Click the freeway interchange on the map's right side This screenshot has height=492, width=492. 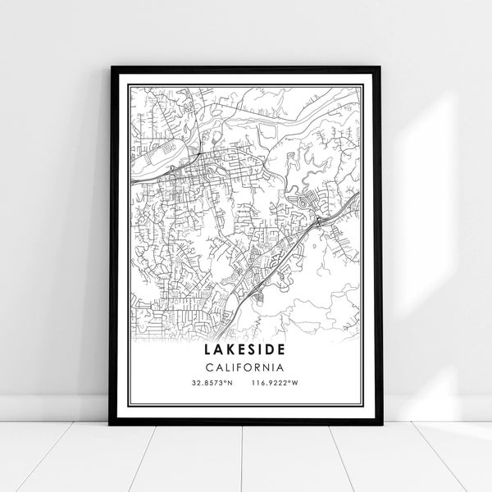[317, 221]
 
